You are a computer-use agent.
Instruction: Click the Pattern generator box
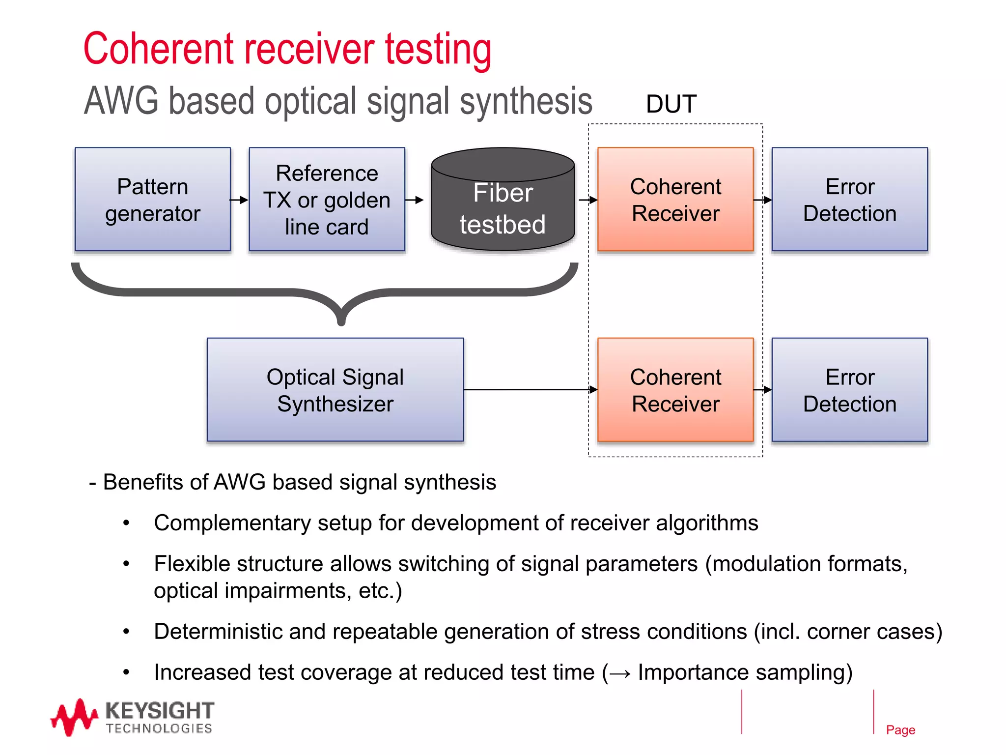[152, 200]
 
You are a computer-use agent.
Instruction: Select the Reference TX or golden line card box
[327, 200]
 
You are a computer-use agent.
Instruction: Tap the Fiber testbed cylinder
[503, 206]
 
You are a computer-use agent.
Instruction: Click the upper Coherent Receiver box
[675, 200]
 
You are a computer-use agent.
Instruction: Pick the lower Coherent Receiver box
[675, 390]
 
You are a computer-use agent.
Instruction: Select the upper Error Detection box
[849, 200]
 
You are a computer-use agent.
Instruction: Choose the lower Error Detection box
[849, 390]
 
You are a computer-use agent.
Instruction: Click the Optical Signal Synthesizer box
[335, 390]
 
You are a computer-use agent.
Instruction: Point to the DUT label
[671, 104]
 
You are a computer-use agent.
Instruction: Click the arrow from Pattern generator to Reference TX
[240, 200]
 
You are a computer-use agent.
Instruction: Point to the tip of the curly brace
[341, 322]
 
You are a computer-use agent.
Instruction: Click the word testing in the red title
[438, 49]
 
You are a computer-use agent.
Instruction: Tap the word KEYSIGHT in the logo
[160, 711]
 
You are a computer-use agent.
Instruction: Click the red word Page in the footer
[900, 730]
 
